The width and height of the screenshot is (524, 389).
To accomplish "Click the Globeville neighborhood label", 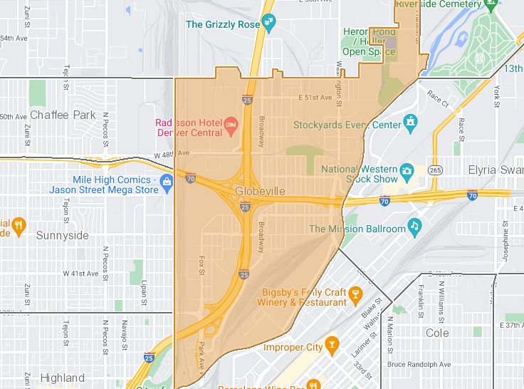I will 261,192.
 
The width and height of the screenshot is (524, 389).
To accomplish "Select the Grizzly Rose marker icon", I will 268,24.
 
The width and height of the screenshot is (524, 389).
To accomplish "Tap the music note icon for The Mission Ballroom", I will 414,227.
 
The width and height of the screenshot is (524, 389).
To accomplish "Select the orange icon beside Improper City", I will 331,346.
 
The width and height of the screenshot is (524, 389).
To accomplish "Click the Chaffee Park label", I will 63,115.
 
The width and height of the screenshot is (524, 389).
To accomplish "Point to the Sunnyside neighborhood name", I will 62,235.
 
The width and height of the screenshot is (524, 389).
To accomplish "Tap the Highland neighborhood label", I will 62,378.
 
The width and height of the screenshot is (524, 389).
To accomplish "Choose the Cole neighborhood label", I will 437,333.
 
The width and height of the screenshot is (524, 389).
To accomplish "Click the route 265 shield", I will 436,170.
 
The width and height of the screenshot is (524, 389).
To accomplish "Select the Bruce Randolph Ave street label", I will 419,364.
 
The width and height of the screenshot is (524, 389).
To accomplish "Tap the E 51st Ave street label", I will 315,98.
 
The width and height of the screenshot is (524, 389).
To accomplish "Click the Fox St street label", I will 201,265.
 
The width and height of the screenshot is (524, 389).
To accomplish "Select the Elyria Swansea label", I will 496,170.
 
